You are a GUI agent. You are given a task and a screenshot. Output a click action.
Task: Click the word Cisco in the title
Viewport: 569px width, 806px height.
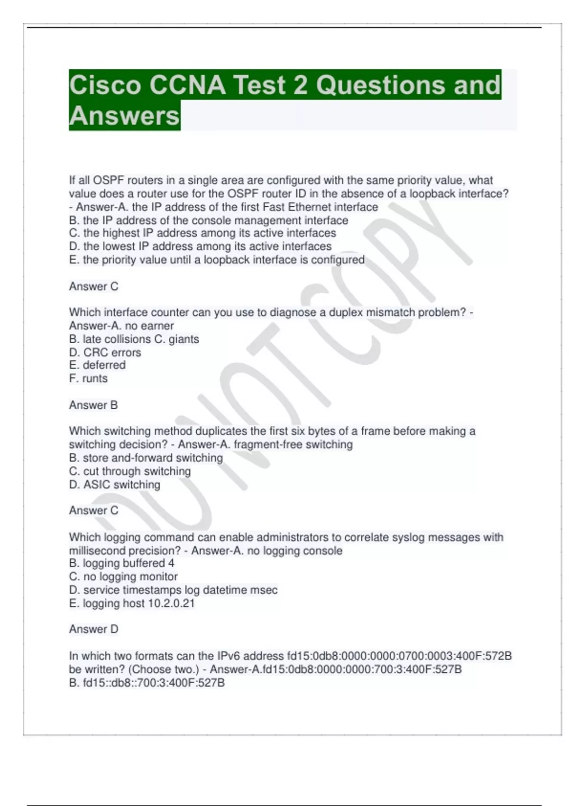pos(105,85)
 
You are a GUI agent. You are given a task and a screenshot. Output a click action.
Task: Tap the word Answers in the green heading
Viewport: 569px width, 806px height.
pos(124,116)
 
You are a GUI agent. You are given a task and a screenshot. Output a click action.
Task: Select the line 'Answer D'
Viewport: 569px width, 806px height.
pos(93,629)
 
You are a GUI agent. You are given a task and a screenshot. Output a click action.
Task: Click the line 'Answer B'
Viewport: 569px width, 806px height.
pos(93,405)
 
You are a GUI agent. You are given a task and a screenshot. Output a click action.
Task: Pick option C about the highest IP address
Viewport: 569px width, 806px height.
pos(202,233)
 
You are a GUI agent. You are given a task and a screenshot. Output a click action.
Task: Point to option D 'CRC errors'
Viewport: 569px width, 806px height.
pos(105,352)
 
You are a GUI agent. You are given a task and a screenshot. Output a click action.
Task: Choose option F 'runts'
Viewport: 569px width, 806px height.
pos(88,378)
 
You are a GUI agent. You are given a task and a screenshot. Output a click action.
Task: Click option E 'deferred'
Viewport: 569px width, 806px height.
pos(97,365)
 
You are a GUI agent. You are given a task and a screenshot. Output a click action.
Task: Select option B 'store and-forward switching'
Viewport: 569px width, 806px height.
pos(146,458)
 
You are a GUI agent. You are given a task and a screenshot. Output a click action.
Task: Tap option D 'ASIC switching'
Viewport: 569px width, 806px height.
pos(114,485)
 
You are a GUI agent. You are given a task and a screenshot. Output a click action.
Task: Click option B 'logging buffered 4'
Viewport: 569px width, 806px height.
pos(121,563)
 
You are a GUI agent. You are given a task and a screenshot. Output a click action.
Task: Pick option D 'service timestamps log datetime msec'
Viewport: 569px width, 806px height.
pos(173,590)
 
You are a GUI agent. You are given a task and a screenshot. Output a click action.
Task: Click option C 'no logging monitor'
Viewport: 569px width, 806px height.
pos(123,577)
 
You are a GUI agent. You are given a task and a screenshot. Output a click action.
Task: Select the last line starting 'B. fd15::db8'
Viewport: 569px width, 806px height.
pos(147,683)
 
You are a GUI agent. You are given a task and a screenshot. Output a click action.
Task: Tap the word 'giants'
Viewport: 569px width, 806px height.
pos(184,339)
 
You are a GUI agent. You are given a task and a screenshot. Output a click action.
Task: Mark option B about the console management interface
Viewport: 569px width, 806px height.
pos(208,220)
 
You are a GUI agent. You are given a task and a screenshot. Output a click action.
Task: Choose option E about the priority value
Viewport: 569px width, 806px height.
pos(217,260)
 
